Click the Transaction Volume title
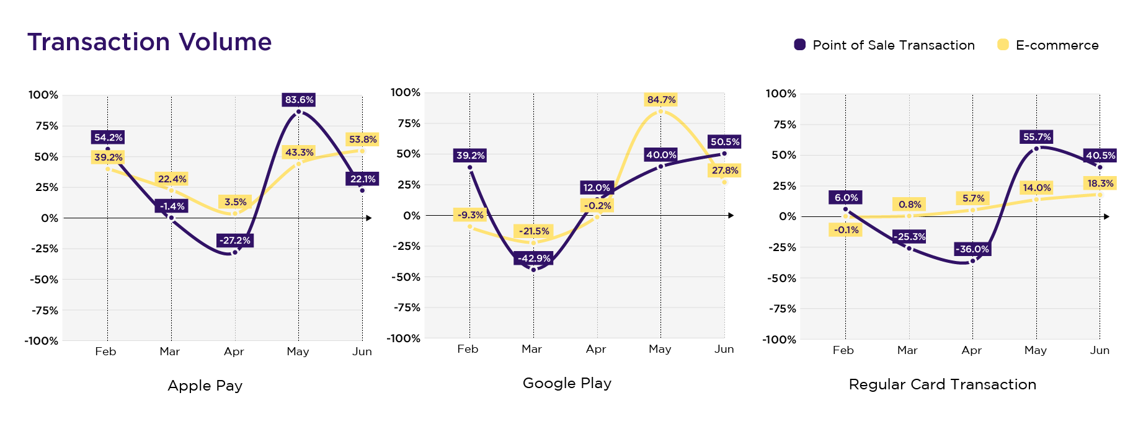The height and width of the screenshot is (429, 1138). (x=149, y=42)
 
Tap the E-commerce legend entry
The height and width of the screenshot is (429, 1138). (x=1048, y=45)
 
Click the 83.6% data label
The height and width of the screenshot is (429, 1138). (x=299, y=100)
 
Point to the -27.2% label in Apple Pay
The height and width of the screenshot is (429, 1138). (x=235, y=241)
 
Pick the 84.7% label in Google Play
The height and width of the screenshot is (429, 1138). (x=661, y=100)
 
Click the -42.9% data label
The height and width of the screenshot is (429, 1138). (x=533, y=259)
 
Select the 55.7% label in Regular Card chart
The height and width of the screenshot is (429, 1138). (x=1037, y=137)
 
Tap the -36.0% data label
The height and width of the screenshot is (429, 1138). (x=972, y=249)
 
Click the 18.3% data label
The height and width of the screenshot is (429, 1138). (x=1100, y=184)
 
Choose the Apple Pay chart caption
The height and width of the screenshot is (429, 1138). (x=205, y=386)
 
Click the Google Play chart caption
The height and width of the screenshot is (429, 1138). (x=567, y=383)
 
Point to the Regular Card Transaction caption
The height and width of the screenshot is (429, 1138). (x=942, y=384)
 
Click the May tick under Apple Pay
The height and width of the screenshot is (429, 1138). (x=298, y=352)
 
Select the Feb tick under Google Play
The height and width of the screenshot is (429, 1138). (x=468, y=349)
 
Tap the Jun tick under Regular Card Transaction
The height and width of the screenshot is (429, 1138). (x=1100, y=350)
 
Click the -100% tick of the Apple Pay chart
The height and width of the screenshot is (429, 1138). (x=42, y=341)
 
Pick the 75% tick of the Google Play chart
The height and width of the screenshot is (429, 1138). (x=409, y=123)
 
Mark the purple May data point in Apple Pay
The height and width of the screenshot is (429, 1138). (x=299, y=112)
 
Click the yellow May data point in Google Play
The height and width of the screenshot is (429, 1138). (x=660, y=112)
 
